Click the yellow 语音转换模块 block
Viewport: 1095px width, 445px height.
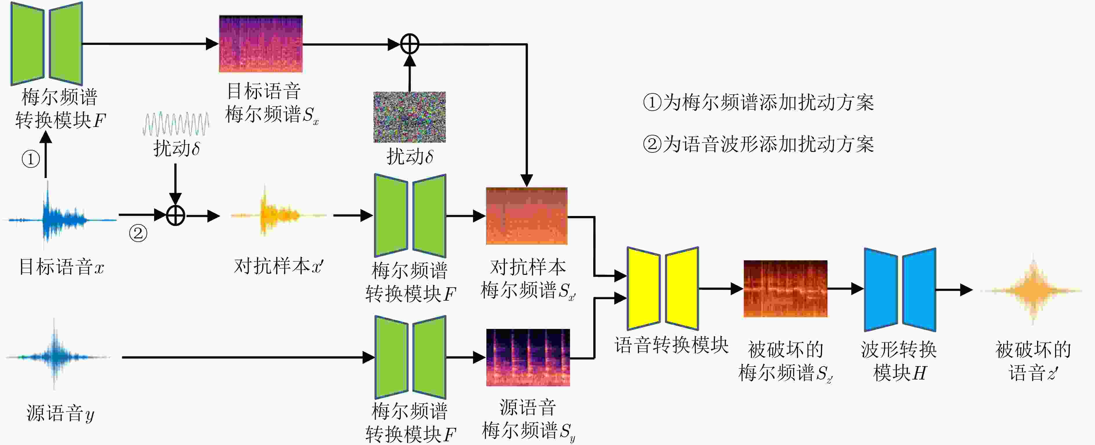(663, 288)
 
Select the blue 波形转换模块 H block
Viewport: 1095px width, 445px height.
(899, 290)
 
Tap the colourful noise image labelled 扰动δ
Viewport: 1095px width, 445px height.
(409, 117)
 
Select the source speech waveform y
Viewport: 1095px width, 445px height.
(57, 357)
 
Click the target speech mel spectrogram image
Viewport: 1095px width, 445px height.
(261, 44)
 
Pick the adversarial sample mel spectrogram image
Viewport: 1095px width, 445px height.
(526, 216)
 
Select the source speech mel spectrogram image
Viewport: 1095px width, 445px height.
(528, 357)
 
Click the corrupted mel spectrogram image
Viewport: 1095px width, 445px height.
(785, 288)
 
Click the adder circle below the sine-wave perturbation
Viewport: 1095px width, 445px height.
(175, 215)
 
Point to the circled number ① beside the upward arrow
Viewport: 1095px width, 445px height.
(31, 159)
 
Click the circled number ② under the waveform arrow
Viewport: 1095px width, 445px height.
(138, 233)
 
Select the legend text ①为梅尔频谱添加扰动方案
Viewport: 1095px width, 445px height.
(758, 102)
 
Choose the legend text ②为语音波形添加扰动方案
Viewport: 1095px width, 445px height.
(758, 144)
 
